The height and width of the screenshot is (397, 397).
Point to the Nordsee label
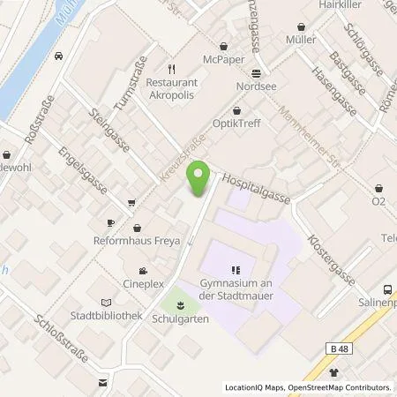tap(255, 88)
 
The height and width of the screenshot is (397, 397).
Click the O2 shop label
tap(378, 201)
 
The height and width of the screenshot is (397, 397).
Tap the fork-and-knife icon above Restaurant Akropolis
tap(174, 64)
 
